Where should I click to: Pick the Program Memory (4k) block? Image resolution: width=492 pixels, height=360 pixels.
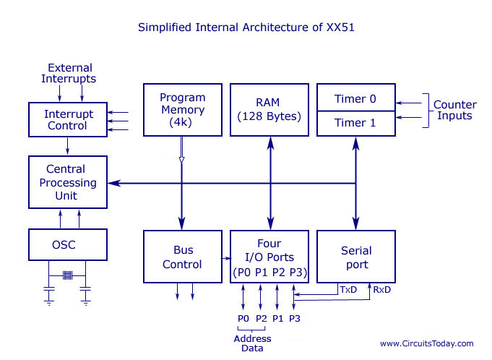point(182,110)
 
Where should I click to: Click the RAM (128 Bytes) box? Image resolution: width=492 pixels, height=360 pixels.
point(269,110)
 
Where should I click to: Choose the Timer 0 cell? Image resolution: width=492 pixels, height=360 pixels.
point(356,98)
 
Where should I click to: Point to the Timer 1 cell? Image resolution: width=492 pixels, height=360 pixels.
point(356,123)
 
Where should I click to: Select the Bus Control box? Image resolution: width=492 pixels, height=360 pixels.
point(182,257)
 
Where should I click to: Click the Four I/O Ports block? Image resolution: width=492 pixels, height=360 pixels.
point(269,257)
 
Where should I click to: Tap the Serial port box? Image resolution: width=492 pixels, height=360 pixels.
point(356,257)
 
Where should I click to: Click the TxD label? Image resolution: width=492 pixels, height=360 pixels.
point(349,289)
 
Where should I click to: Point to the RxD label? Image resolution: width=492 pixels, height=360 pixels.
point(382,289)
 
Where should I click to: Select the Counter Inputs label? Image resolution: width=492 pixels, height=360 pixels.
point(454,110)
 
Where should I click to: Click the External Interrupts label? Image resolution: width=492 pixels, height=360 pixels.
point(69,73)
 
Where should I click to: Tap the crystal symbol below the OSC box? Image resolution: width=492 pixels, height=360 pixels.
point(67,275)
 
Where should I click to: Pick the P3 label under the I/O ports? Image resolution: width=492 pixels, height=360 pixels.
point(295,317)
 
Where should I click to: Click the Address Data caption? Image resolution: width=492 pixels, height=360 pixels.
point(252,343)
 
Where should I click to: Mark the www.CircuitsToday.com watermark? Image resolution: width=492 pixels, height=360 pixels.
point(427,343)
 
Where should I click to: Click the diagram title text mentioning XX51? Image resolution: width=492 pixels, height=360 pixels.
point(246,28)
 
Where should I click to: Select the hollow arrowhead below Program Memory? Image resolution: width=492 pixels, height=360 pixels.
point(182,160)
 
